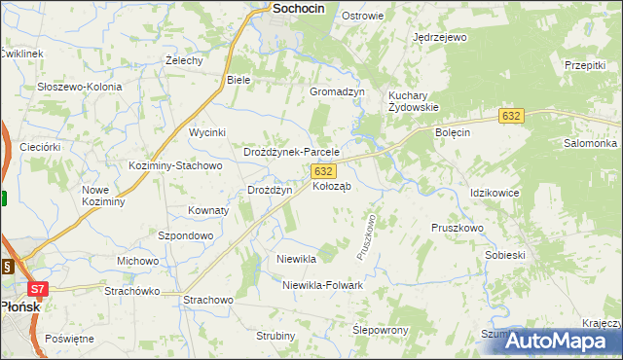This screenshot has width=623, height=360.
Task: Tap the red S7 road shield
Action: click(x=37, y=289)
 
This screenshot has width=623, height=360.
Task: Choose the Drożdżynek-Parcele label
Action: click(x=291, y=153)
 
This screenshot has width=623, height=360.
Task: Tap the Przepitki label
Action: click(x=585, y=64)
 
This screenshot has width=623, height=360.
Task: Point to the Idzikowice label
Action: click(x=495, y=194)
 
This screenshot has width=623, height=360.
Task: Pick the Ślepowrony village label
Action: click(x=380, y=331)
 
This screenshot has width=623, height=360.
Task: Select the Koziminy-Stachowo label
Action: click(x=176, y=165)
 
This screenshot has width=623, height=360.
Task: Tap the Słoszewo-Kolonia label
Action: click(x=80, y=87)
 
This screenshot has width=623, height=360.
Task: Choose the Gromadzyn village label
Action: click(x=337, y=91)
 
